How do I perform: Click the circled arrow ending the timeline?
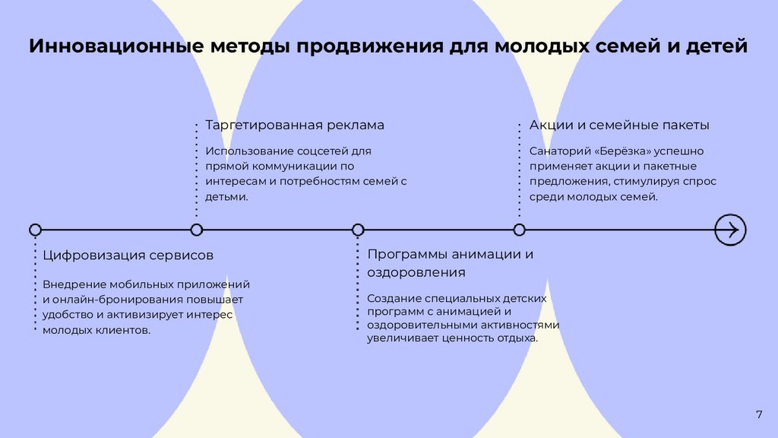(730, 229)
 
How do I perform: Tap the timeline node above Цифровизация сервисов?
(35, 229)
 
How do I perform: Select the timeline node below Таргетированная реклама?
(197, 229)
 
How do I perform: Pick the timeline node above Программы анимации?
(358, 229)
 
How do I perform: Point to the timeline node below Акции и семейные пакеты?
(519, 229)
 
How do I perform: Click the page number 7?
(758, 414)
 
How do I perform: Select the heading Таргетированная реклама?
(295, 125)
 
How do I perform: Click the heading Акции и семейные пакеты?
(619, 125)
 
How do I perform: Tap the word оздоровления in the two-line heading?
(416, 272)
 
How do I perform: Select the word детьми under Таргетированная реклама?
(226, 196)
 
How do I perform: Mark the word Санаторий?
(556, 151)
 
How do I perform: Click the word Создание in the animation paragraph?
(391, 298)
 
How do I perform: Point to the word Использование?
(244, 151)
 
